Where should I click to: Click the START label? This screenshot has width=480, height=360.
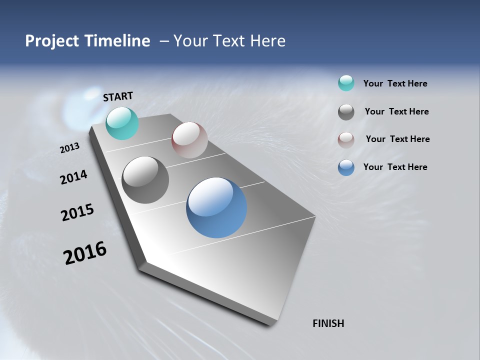(x=118, y=96)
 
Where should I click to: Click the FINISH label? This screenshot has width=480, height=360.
(x=328, y=323)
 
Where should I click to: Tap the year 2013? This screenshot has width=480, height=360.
(x=70, y=147)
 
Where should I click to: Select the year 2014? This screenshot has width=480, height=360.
(x=74, y=177)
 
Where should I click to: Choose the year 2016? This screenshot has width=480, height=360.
(x=85, y=252)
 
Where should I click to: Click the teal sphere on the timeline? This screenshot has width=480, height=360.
(x=122, y=123)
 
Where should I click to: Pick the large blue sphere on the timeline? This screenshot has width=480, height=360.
(x=216, y=207)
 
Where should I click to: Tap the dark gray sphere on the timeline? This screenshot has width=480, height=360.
(x=145, y=180)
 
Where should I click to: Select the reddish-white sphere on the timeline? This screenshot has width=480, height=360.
(x=189, y=139)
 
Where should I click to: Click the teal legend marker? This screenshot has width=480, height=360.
(x=346, y=83)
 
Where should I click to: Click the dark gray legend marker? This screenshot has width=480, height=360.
(x=346, y=112)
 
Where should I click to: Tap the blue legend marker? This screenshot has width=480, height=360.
(x=346, y=167)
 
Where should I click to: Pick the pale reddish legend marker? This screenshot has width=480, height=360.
(x=346, y=140)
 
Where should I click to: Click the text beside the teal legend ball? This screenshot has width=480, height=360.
(x=395, y=83)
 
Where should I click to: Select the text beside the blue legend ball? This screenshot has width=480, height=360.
(x=395, y=167)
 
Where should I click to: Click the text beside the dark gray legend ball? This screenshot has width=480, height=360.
(x=396, y=111)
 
